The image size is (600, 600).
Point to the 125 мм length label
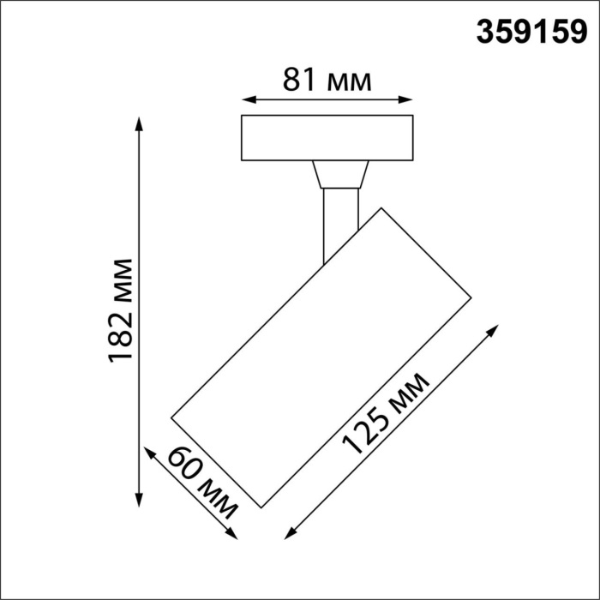pyautogui.click(x=384, y=412)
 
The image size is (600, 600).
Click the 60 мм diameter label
pyautogui.click(x=202, y=483)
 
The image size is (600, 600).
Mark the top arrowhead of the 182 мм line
pyautogui.click(x=140, y=122)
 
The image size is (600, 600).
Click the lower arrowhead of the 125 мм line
pyautogui.click(x=286, y=535)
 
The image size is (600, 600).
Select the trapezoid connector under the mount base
pyautogui.click(x=340, y=175)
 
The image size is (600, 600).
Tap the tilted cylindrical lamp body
pyautogui.click(x=321, y=356)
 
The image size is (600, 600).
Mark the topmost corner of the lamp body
pyautogui.click(x=381, y=207)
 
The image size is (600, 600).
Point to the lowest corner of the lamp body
pyautogui.click(x=261, y=507)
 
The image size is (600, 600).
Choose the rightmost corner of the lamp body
pyautogui.click(x=471, y=297)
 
